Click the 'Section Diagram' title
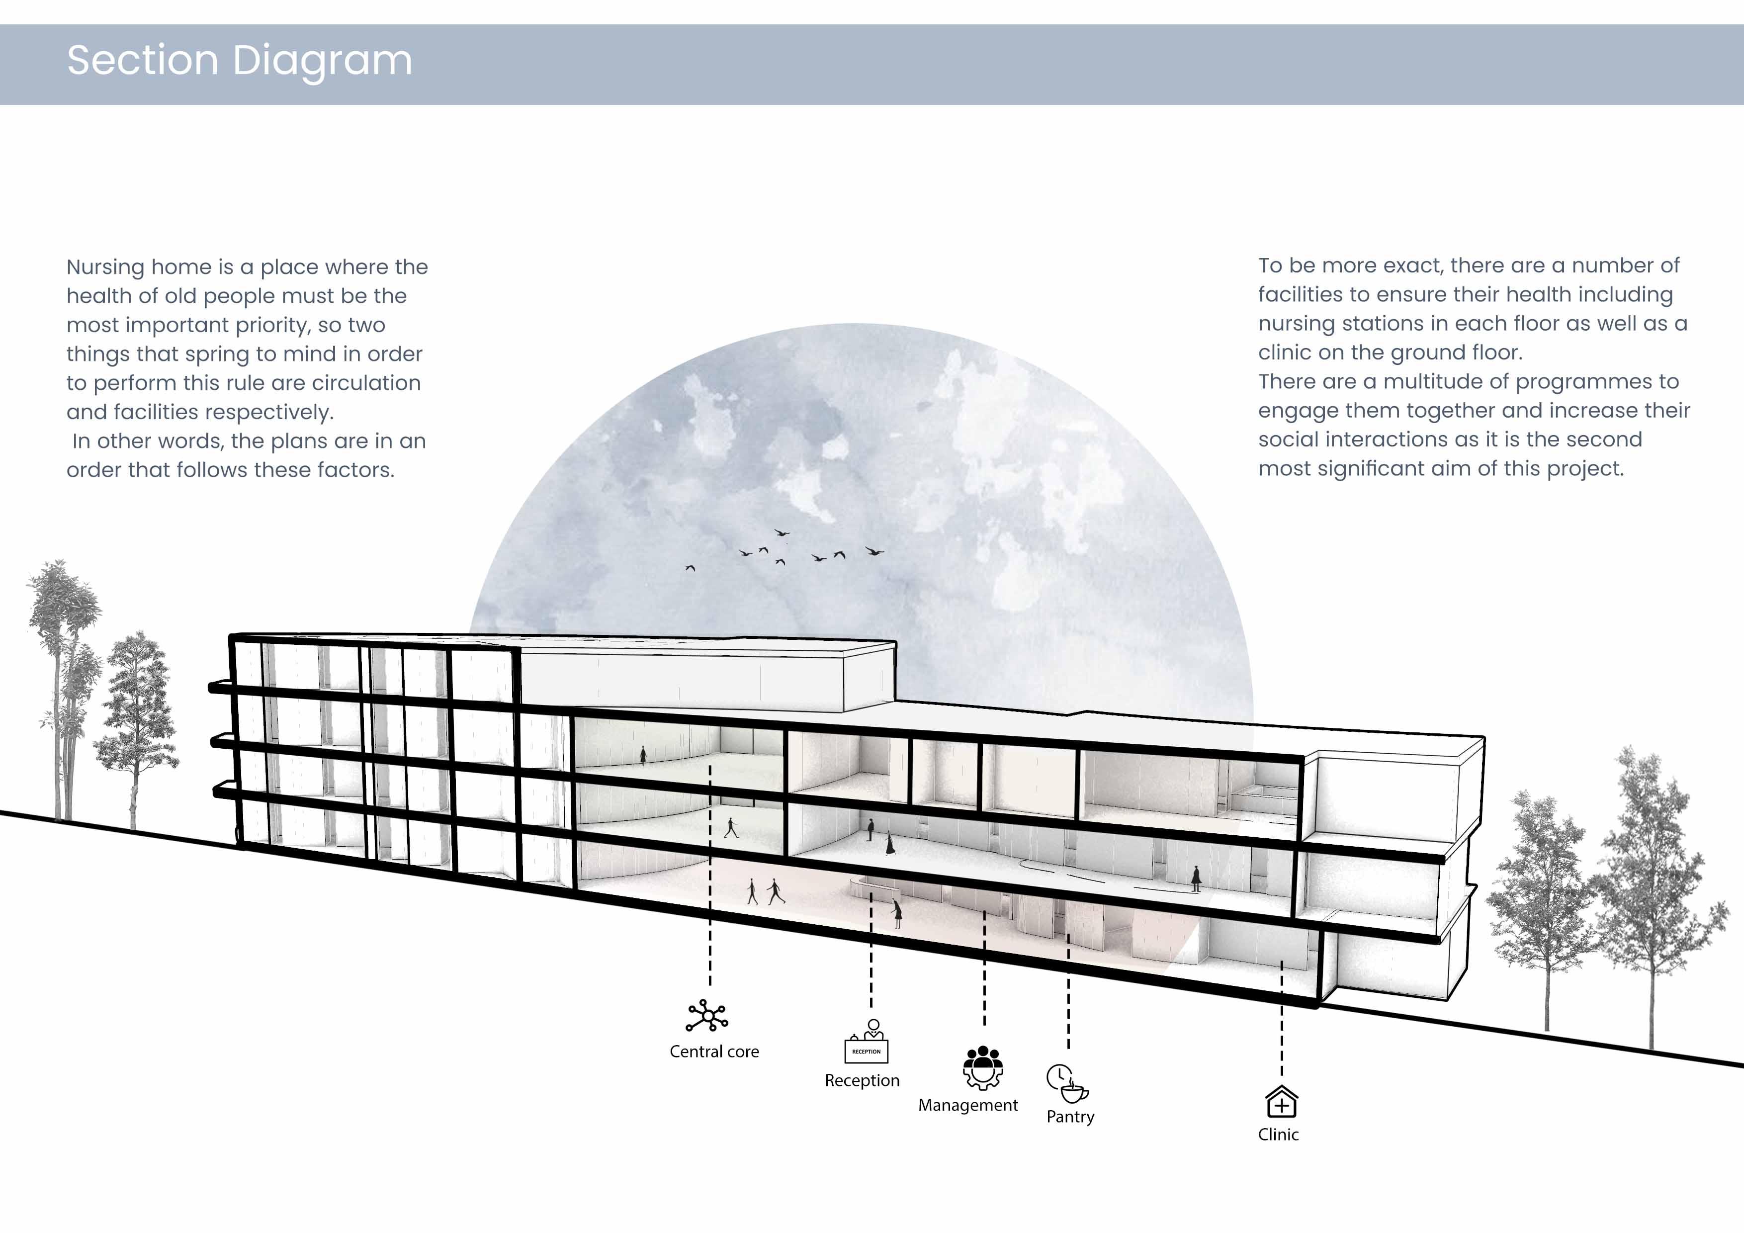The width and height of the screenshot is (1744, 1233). click(239, 61)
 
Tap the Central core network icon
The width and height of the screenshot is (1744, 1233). click(707, 1016)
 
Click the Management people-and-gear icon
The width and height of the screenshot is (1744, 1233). click(983, 1067)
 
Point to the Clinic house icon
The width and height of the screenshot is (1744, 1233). click(1282, 1102)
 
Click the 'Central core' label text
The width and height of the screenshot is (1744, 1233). click(714, 1052)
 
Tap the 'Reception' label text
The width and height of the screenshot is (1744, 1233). click(862, 1080)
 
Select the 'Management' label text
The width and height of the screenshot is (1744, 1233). click(968, 1105)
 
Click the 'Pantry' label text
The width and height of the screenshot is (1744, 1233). click(1070, 1117)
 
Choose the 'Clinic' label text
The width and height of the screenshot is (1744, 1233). click(1278, 1134)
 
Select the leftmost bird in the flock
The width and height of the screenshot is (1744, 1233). click(690, 567)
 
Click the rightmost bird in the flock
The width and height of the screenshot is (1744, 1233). click(874, 551)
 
